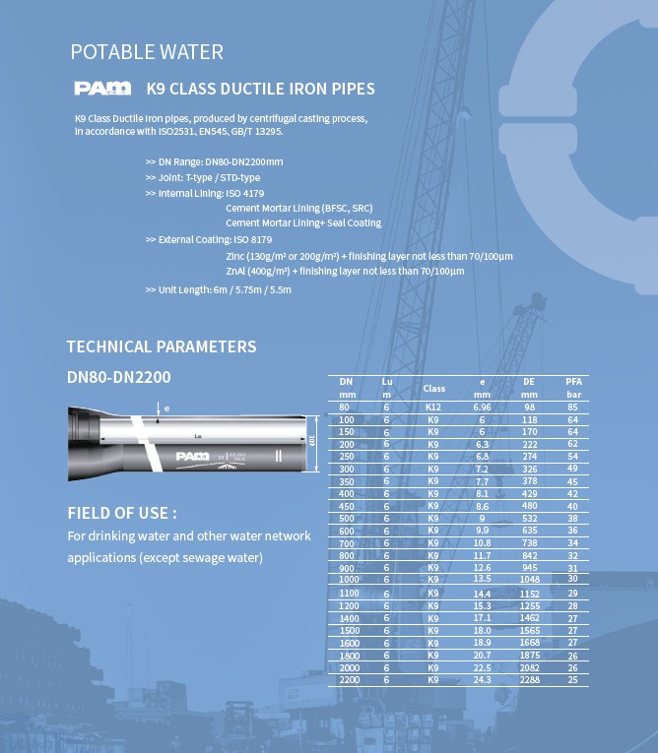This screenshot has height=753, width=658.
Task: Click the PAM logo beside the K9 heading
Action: point(101,89)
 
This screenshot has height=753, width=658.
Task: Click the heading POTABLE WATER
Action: point(147,52)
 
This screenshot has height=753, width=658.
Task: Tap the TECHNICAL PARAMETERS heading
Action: point(161,346)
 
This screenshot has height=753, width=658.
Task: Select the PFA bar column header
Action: point(572,387)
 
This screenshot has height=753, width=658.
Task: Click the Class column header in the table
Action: point(433,389)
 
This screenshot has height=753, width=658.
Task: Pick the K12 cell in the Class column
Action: point(433,407)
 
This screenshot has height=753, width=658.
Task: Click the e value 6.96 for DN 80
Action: point(482,407)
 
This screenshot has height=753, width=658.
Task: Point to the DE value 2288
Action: point(529,680)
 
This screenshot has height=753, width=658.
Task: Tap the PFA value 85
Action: point(572,407)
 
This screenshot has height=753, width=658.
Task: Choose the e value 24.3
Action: point(482,680)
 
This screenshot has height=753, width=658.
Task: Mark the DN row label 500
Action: point(346,518)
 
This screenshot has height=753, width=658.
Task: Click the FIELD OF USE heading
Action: point(121,513)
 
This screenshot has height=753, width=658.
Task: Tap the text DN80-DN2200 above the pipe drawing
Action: point(112,376)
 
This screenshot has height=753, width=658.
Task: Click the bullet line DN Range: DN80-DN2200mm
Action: point(214,161)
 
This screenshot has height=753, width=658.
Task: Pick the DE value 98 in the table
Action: point(529,407)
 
